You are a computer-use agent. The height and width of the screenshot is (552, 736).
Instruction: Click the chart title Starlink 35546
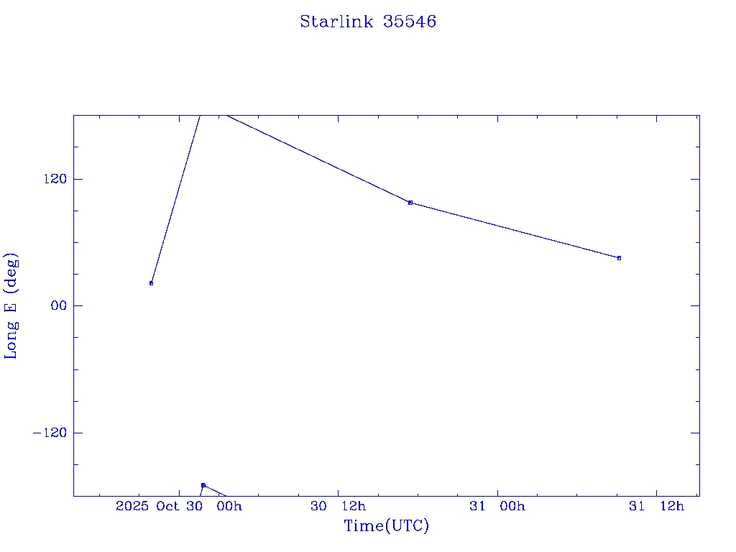point(368,22)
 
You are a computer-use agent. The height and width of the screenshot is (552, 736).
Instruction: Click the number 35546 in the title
point(410,22)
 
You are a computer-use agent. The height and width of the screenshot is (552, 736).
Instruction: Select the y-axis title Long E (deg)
point(11,305)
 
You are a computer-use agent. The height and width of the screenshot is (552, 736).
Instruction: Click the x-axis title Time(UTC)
point(387,526)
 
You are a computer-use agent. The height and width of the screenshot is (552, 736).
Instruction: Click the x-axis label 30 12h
point(337,507)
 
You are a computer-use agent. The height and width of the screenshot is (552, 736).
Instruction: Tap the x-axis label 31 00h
point(497,507)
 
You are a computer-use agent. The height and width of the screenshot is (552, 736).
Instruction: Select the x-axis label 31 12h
point(656,507)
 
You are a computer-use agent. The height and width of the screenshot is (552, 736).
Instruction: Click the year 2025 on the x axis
point(132,507)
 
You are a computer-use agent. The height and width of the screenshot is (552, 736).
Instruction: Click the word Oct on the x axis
point(167,507)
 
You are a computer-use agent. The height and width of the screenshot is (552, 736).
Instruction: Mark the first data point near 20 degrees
point(151,283)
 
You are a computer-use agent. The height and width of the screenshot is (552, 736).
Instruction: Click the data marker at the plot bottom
point(203,485)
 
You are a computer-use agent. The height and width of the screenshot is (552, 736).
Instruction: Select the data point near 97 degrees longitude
point(410,203)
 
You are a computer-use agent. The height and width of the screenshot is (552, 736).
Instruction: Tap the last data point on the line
point(619,258)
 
